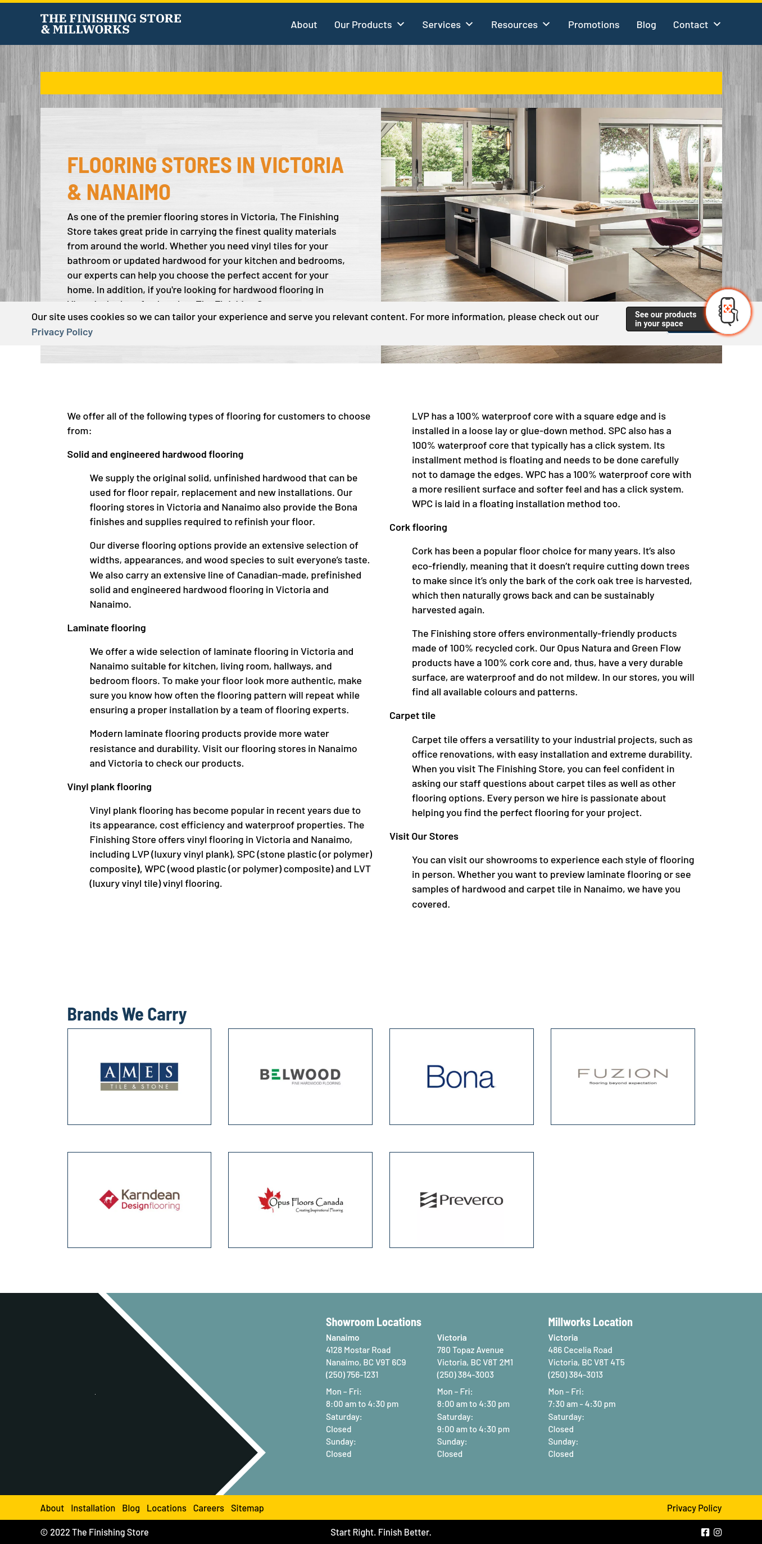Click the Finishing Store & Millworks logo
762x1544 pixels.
click(x=111, y=24)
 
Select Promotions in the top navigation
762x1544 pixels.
click(x=593, y=25)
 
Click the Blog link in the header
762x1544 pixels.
click(x=646, y=25)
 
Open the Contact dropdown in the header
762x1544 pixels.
click(x=696, y=25)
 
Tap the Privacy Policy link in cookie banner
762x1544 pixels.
click(x=62, y=332)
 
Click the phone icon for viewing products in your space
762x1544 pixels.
click(x=727, y=311)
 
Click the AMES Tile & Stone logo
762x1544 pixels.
click(x=139, y=1076)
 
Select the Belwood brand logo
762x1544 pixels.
click(x=300, y=1076)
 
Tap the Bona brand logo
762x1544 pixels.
click(x=461, y=1077)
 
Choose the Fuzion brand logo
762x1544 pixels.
click(x=622, y=1076)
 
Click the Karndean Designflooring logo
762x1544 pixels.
click(x=139, y=1199)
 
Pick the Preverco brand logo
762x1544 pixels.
click(x=461, y=1199)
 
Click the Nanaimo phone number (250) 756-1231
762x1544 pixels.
click(x=352, y=1374)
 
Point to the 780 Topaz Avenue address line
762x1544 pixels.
click(x=470, y=1350)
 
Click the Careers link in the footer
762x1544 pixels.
click(x=208, y=1508)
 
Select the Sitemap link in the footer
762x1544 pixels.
click(x=247, y=1508)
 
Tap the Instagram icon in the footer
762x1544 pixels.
click(x=717, y=1532)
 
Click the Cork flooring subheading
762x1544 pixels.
click(x=418, y=527)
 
